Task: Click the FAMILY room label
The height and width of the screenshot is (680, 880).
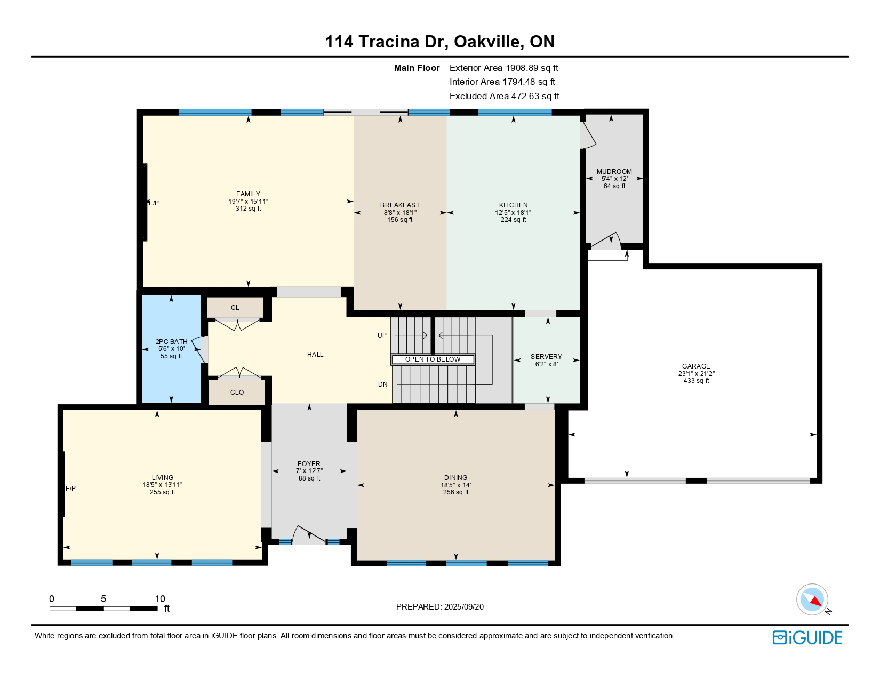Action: (248, 194)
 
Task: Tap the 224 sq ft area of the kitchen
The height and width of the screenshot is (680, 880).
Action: (513, 220)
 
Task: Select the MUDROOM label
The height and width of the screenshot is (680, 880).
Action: (614, 172)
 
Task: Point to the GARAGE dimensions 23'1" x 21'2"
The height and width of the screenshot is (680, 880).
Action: (696, 373)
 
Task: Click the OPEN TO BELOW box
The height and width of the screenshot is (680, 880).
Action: (433, 359)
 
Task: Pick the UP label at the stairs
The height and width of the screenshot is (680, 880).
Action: (382, 335)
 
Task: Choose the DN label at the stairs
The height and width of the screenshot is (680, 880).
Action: (383, 385)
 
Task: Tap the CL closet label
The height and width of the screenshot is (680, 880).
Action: (235, 308)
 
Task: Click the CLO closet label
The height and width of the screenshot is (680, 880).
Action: (237, 393)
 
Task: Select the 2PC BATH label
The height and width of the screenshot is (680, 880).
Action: (171, 342)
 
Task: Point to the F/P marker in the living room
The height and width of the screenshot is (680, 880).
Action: (70, 489)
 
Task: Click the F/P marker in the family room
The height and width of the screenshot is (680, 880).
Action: (154, 203)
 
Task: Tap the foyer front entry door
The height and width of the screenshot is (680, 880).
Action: (309, 534)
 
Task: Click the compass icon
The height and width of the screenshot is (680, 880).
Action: (812, 599)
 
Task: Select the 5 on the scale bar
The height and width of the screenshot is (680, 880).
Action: (103, 598)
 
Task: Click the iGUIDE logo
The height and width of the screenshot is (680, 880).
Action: (807, 638)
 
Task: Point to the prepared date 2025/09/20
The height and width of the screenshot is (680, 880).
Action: (463, 607)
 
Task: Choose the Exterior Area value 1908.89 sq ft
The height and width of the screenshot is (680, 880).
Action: (531, 68)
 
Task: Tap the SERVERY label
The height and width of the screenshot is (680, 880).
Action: (546, 357)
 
